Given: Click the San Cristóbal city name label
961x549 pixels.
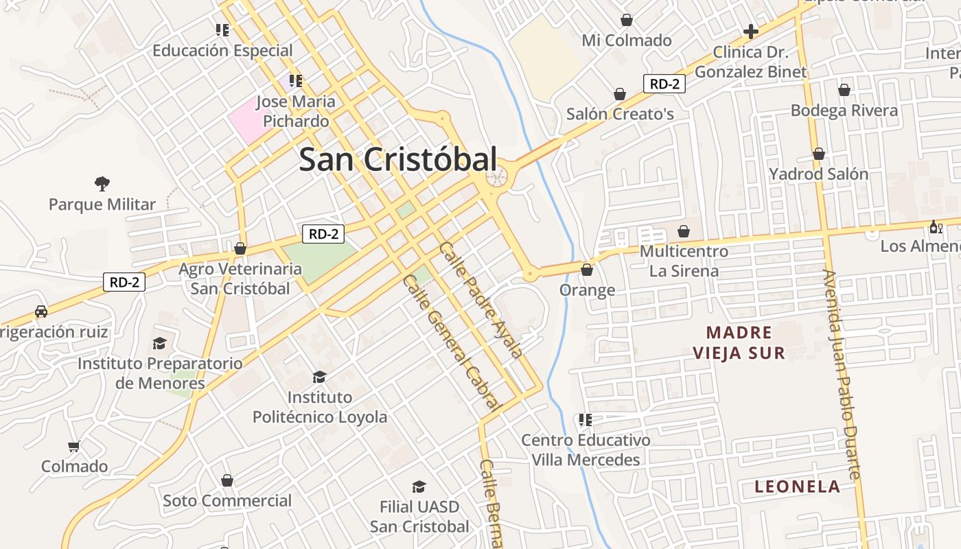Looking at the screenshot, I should [397, 160].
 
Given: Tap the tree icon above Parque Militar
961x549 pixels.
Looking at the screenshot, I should [102, 183].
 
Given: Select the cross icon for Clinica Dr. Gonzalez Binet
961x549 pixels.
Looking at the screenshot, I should [751, 32].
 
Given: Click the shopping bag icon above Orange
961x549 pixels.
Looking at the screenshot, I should [586, 270].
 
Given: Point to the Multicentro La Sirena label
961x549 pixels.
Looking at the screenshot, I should [684, 261].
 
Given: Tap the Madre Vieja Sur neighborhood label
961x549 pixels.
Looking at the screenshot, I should [739, 342].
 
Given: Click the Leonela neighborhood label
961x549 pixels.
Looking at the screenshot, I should [797, 487].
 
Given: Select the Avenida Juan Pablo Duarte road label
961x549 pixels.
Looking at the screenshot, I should [842, 374].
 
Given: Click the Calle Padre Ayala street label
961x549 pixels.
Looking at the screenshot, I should [481, 299].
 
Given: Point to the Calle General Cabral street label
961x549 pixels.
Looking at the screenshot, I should [450, 342].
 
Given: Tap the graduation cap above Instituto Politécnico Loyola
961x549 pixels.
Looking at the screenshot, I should [319, 377].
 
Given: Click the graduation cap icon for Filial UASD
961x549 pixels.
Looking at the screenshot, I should [419, 487].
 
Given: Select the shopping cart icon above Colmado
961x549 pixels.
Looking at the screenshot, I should [74, 446].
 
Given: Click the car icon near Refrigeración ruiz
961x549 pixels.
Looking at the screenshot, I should [41, 311].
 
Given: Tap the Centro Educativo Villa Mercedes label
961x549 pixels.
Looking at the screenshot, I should [586, 449].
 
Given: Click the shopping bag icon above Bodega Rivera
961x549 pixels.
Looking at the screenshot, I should [844, 90].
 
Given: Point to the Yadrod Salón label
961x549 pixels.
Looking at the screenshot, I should [818, 174].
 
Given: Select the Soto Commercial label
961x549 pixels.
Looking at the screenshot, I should [227, 500].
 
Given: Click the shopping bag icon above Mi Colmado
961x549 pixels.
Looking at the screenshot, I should [626, 20].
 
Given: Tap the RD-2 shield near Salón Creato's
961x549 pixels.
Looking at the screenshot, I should [664, 84].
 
